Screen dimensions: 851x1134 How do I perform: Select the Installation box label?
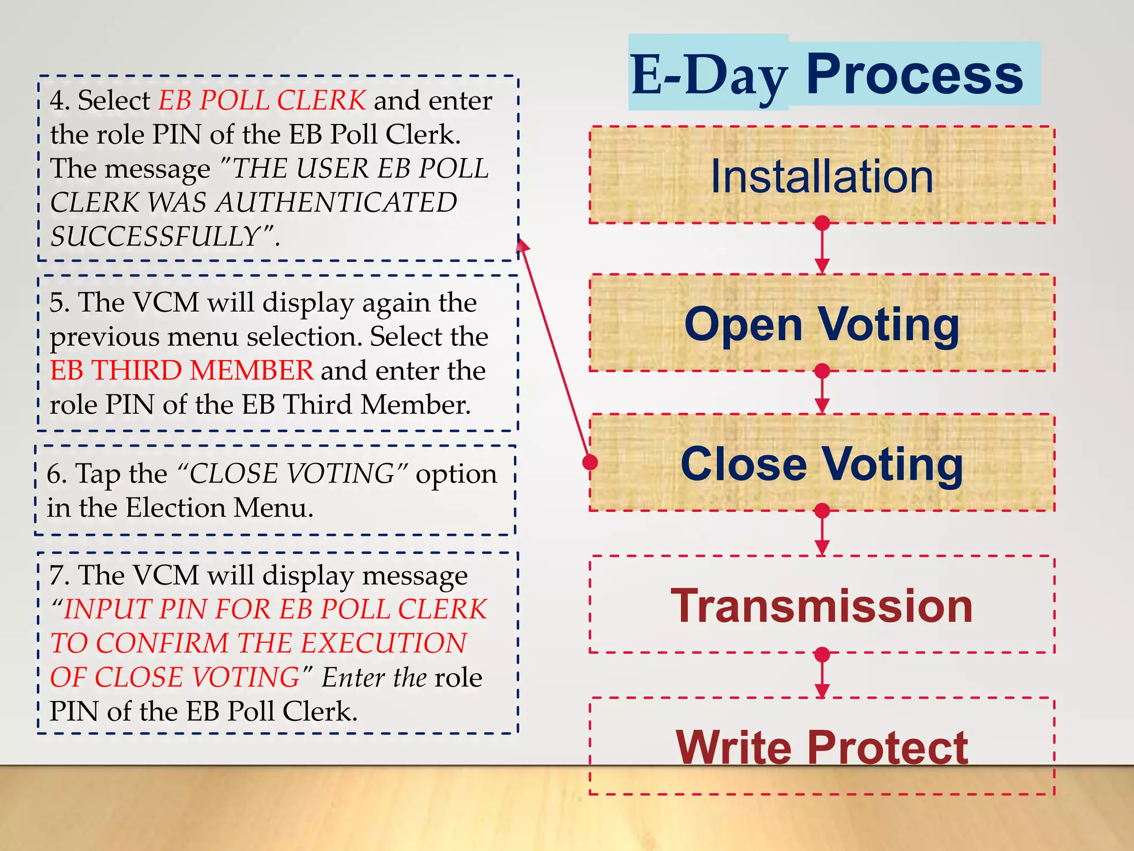pos(822,177)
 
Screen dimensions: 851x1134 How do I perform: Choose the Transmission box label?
pos(822,606)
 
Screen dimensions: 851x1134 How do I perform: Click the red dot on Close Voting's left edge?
pos(590,462)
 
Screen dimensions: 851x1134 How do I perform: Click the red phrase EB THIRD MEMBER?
pos(182,370)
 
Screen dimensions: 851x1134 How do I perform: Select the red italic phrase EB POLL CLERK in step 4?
pos(262,100)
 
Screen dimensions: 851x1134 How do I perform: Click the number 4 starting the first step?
pos(57,101)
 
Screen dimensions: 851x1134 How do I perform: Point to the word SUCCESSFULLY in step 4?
pos(155,237)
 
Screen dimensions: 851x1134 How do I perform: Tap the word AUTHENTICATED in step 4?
pos(337,202)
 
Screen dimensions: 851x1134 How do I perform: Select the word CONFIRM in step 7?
pos(162,643)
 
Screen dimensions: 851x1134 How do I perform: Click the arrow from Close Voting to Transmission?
pos(822,532)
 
